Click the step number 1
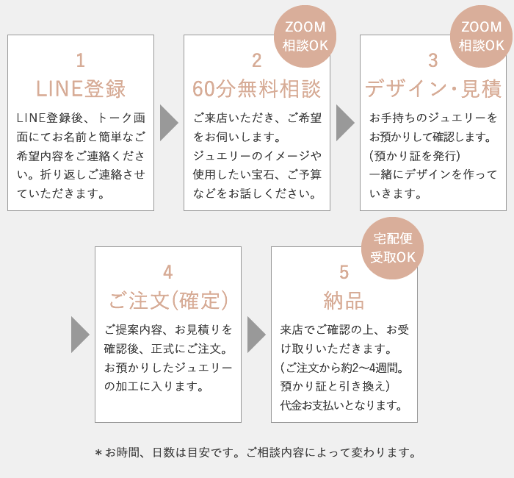(81, 60)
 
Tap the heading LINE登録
(81, 89)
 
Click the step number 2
(257, 60)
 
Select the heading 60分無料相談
(257, 89)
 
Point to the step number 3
(433, 60)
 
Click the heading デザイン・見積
(433, 89)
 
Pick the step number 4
(168, 272)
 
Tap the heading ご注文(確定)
(168, 300)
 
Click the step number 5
(344, 272)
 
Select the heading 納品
(344, 300)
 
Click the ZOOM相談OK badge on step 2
(305, 37)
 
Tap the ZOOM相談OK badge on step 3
(482, 37)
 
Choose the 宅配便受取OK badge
(393, 249)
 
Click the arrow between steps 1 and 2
(169, 123)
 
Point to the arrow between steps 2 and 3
(345, 123)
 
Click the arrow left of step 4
(80, 335)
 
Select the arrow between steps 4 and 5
(256, 335)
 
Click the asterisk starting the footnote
(98, 454)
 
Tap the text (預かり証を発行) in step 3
(415, 156)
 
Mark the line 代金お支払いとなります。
(341, 405)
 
